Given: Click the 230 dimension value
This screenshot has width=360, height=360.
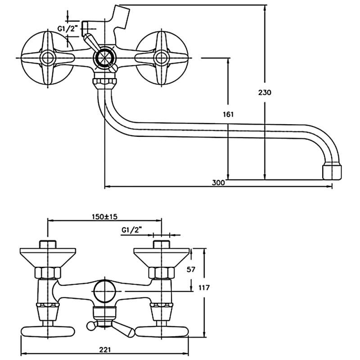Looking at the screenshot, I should [265, 93].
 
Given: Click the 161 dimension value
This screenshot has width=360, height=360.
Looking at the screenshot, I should [229, 115].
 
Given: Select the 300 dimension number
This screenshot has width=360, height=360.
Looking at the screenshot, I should [218, 183].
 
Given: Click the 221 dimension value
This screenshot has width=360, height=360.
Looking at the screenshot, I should [105, 349].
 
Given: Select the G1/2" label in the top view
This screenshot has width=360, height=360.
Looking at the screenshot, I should [67, 29].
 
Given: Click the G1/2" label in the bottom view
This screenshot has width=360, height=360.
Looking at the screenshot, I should [131, 230].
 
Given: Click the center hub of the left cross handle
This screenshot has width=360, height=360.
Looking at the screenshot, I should [47, 58].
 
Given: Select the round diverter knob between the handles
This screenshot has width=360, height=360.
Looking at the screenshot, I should [104, 58].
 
